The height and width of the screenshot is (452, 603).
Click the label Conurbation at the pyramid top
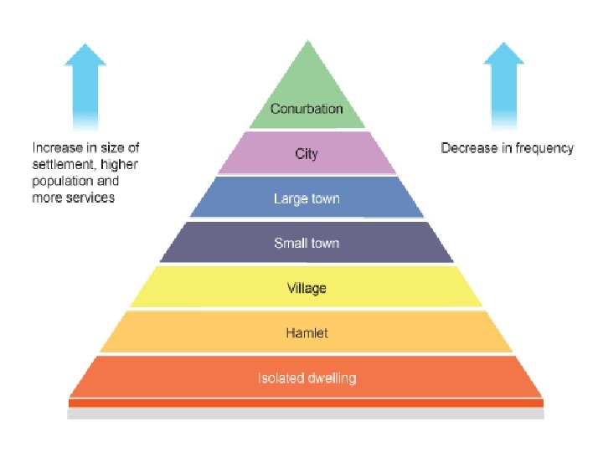pyautogui.click(x=307, y=109)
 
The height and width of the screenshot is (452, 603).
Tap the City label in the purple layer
pyautogui.click(x=307, y=154)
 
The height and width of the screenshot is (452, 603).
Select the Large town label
pyautogui.click(x=307, y=199)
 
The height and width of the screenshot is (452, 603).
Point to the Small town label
pyautogui.click(x=307, y=244)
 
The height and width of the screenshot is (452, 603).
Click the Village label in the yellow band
pyautogui.click(x=307, y=289)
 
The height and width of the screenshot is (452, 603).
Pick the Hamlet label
pyautogui.click(x=307, y=333)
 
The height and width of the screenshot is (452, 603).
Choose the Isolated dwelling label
pyautogui.click(x=307, y=378)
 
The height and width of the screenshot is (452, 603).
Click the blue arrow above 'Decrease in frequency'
pyautogui.click(x=504, y=84)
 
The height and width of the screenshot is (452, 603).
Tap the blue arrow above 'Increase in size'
pyautogui.click(x=85, y=84)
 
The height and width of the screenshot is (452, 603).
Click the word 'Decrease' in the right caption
pyautogui.click(x=467, y=148)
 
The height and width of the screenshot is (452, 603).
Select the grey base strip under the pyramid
pyautogui.click(x=307, y=413)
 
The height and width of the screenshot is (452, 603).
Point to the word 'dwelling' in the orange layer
pyautogui.click(x=331, y=378)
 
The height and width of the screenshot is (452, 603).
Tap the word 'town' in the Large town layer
pyautogui.click(x=325, y=199)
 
